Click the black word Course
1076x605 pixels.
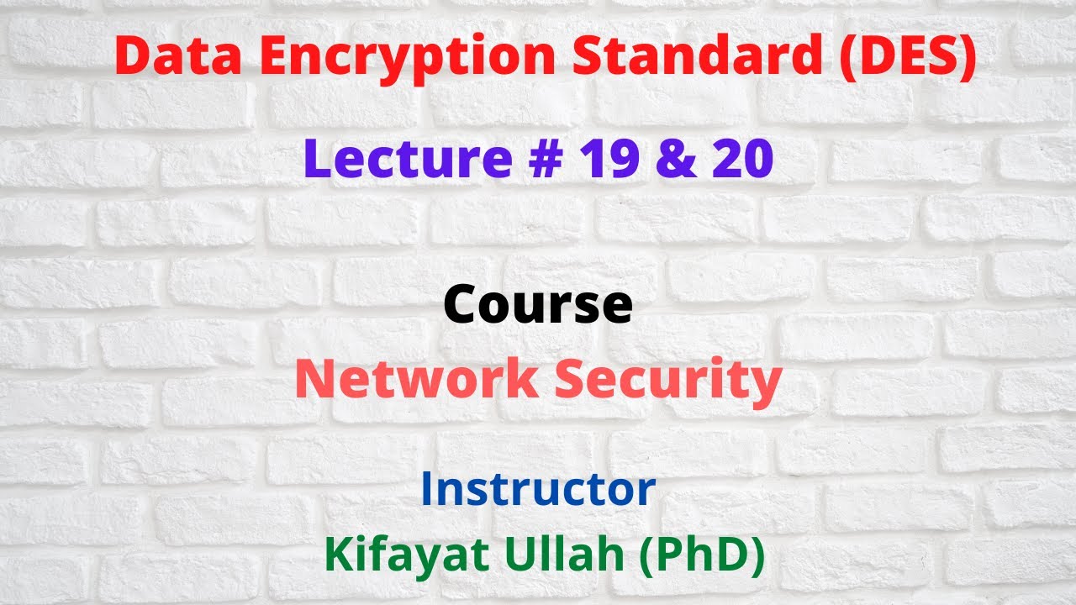coord(538,304)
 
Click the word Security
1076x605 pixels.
coord(667,380)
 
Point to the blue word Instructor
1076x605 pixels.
coord(538,489)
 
